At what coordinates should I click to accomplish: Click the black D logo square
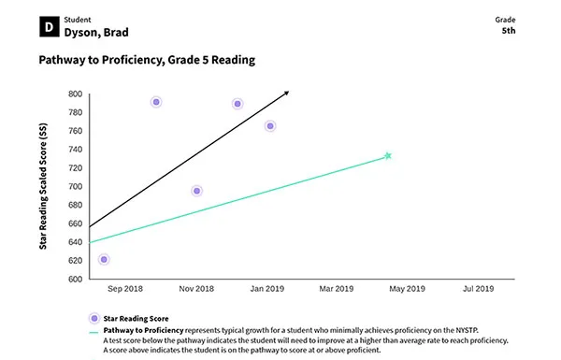(47, 28)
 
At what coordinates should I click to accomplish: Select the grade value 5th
(509, 30)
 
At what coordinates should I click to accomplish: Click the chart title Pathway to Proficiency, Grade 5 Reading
(147, 60)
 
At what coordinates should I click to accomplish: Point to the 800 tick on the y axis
(76, 94)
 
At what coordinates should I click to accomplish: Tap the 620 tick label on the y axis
(76, 261)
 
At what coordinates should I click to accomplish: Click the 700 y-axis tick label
(76, 187)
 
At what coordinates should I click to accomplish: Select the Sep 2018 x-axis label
(124, 290)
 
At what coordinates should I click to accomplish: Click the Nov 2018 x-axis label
(196, 290)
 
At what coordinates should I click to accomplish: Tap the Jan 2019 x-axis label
(266, 290)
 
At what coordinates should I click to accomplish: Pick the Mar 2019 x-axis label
(337, 290)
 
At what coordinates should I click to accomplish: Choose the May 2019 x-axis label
(407, 290)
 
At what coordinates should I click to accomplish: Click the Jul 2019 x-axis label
(478, 290)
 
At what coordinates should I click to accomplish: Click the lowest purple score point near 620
(103, 259)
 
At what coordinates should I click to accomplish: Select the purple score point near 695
(196, 191)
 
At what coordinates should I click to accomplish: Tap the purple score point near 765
(270, 126)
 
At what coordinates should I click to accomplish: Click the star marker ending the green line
(388, 156)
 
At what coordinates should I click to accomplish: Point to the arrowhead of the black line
(286, 93)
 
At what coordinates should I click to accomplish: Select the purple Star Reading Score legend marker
(93, 319)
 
